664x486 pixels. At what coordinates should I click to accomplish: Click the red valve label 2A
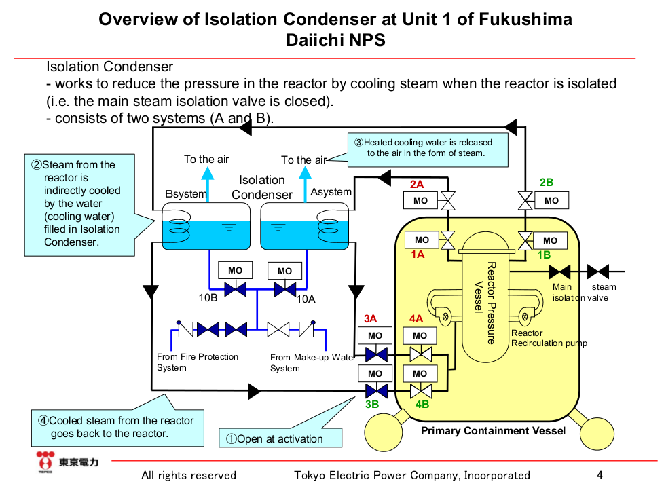417,184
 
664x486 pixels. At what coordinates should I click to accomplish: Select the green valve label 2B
547,182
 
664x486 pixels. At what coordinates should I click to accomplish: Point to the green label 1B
544,255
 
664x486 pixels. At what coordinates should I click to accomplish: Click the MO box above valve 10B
235,270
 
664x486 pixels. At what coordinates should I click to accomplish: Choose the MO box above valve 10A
285,271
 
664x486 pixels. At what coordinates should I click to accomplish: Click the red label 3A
370,318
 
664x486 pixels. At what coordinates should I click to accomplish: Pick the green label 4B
422,405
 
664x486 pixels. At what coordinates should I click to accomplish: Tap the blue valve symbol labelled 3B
375,391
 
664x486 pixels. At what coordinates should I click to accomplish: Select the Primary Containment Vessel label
493,431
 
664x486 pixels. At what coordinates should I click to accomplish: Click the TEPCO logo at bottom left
67,462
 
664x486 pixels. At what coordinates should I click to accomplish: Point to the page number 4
600,475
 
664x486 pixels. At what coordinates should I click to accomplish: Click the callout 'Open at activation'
280,438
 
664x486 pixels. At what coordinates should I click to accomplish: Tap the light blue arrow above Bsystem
207,182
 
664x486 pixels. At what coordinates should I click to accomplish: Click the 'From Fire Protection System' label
198,362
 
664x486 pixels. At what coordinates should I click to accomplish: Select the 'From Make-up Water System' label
312,362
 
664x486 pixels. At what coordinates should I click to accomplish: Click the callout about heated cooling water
428,148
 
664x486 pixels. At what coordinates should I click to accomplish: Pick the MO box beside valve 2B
551,200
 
